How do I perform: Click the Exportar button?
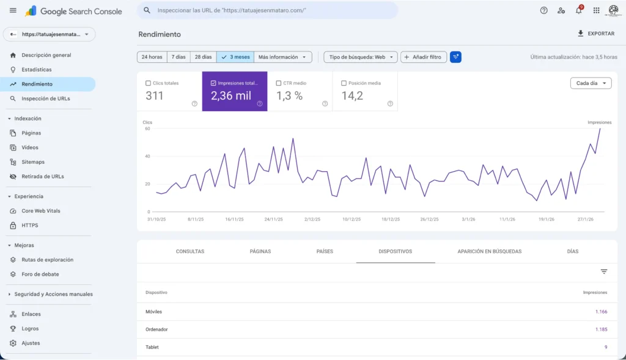click(596, 34)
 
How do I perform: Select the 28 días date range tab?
click(203, 57)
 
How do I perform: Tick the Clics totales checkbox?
click(149, 83)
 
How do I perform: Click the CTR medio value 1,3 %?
click(289, 95)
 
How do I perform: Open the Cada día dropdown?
click(591, 83)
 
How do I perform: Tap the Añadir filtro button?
click(424, 57)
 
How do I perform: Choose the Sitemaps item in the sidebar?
click(33, 162)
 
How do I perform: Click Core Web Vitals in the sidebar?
click(40, 211)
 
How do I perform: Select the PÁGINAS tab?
click(260, 251)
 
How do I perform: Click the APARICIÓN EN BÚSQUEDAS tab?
click(489, 251)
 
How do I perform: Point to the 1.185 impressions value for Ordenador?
click(601, 329)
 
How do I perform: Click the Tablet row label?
click(152, 347)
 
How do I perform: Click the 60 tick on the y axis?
click(147, 128)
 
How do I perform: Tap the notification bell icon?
click(578, 10)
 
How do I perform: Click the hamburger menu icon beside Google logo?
click(13, 10)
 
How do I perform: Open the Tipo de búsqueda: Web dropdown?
click(360, 57)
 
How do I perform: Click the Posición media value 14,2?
click(352, 95)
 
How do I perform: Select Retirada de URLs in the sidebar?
click(42, 177)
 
